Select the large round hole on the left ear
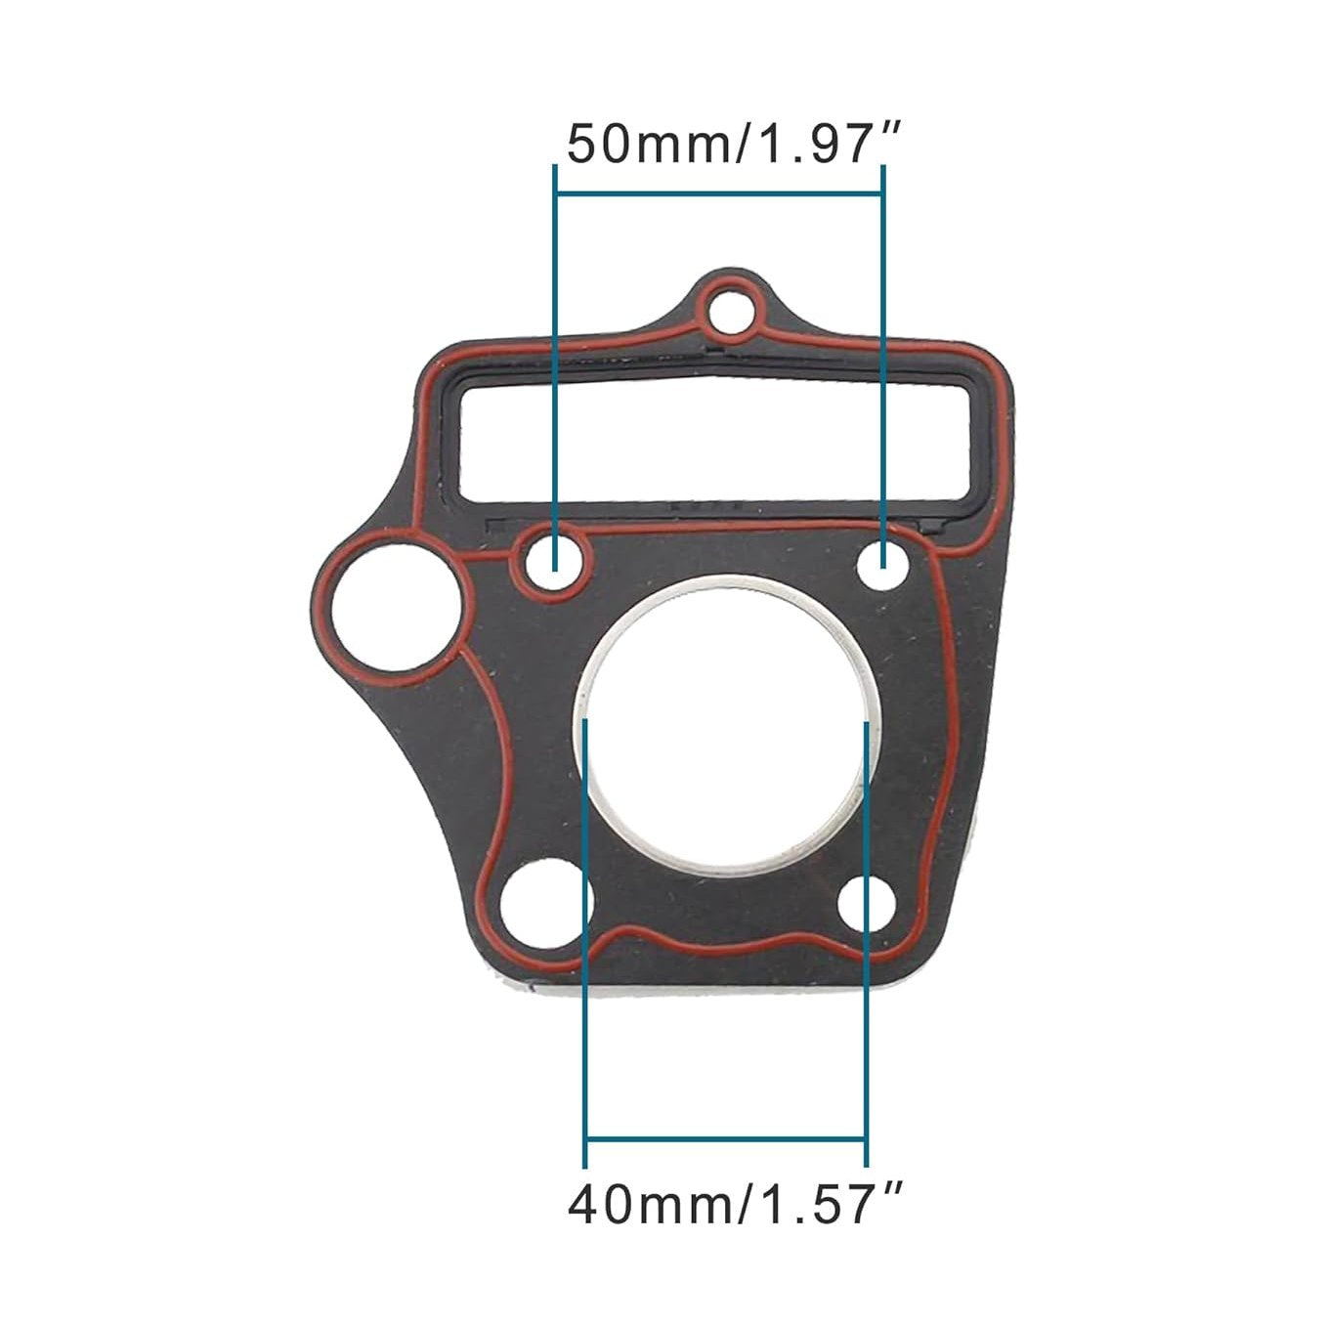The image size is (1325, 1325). point(386,614)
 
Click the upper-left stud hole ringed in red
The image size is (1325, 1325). point(554,562)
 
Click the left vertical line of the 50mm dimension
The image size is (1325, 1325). point(555,371)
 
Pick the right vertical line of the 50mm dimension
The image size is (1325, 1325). point(884,371)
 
